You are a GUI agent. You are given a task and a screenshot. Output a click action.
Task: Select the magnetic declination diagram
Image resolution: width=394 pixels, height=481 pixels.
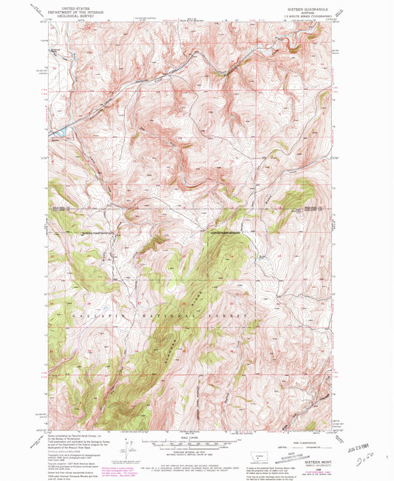131,446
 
